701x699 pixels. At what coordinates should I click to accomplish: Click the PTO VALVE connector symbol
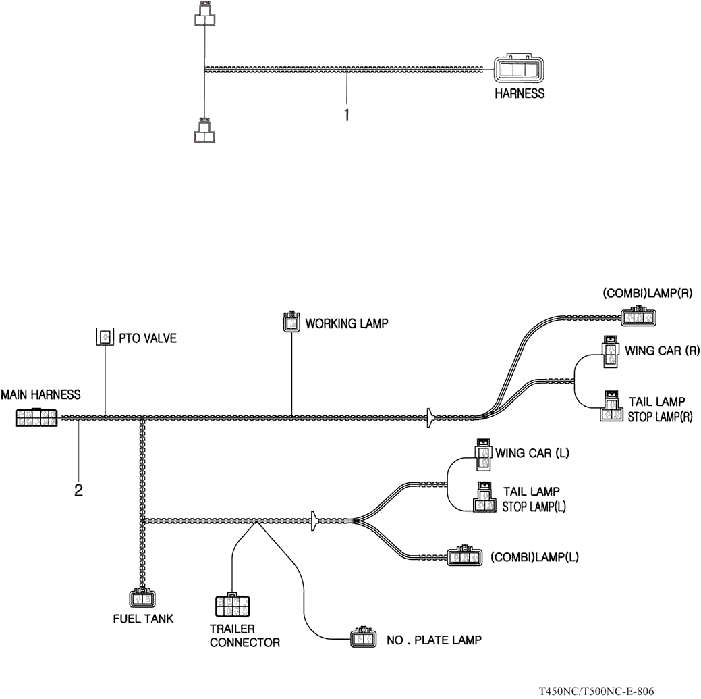105,336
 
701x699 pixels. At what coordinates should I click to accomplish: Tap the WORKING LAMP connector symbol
291,321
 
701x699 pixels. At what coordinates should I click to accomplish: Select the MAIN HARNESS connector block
36,417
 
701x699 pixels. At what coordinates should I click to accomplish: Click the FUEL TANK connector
142,598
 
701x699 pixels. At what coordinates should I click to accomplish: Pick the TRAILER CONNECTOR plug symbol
231,606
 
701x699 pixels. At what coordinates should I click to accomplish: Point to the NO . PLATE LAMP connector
362,638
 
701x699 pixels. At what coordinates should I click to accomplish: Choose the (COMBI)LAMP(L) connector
465,556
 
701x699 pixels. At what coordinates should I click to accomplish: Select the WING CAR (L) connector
484,455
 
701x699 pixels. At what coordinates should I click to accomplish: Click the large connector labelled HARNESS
518,70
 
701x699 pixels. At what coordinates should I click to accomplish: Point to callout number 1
347,115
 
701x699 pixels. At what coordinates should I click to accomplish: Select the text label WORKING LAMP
347,323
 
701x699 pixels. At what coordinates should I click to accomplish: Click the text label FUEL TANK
142,618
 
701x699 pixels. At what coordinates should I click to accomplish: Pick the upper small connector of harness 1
204,15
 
